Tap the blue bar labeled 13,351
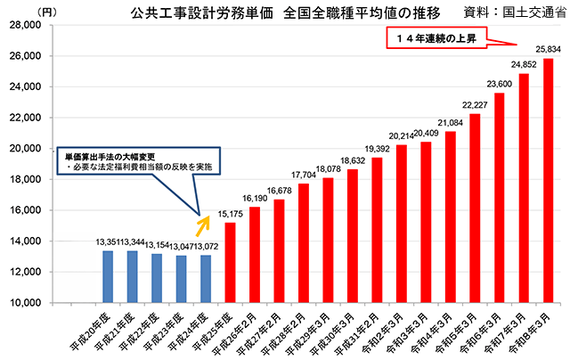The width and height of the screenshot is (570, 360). [x=108, y=276]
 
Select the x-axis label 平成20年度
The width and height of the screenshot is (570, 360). [x=91, y=328]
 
